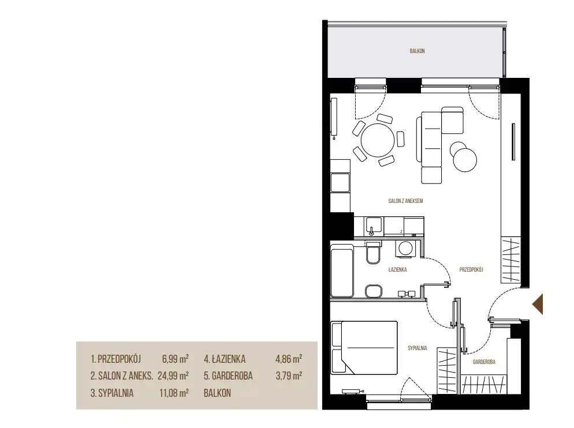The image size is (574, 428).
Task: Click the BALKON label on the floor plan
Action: (x=417, y=51)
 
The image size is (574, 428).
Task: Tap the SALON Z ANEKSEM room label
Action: (x=405, y=201)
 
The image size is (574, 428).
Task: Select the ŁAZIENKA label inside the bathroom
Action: (x=397, y=269)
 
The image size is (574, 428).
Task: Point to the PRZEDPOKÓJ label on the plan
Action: (x=471, y=269)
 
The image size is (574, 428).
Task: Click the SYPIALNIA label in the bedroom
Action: (x=418, y=348)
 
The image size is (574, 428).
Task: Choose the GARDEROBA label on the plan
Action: (x=484, y=362)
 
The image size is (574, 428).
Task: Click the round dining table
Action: (x=378, y=140)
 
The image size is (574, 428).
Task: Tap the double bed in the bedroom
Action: (x=364, y=348)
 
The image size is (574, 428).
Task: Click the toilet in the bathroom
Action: (x=373, y=253)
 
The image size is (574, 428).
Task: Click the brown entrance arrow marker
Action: (x=538, y=304)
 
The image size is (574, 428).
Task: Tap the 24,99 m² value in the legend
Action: (x=173, y=376)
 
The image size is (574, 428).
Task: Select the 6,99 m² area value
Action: (x=176, y=359)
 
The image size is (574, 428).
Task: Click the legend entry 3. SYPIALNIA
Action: (x=112, y=393)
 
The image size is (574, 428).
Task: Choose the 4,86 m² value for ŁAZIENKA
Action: (x=289, y=359)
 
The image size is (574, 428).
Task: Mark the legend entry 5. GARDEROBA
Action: (x=229, y=376)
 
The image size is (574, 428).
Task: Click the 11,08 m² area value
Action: (x=174, y=393)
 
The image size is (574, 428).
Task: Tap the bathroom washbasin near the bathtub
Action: (x=374, y=291)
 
